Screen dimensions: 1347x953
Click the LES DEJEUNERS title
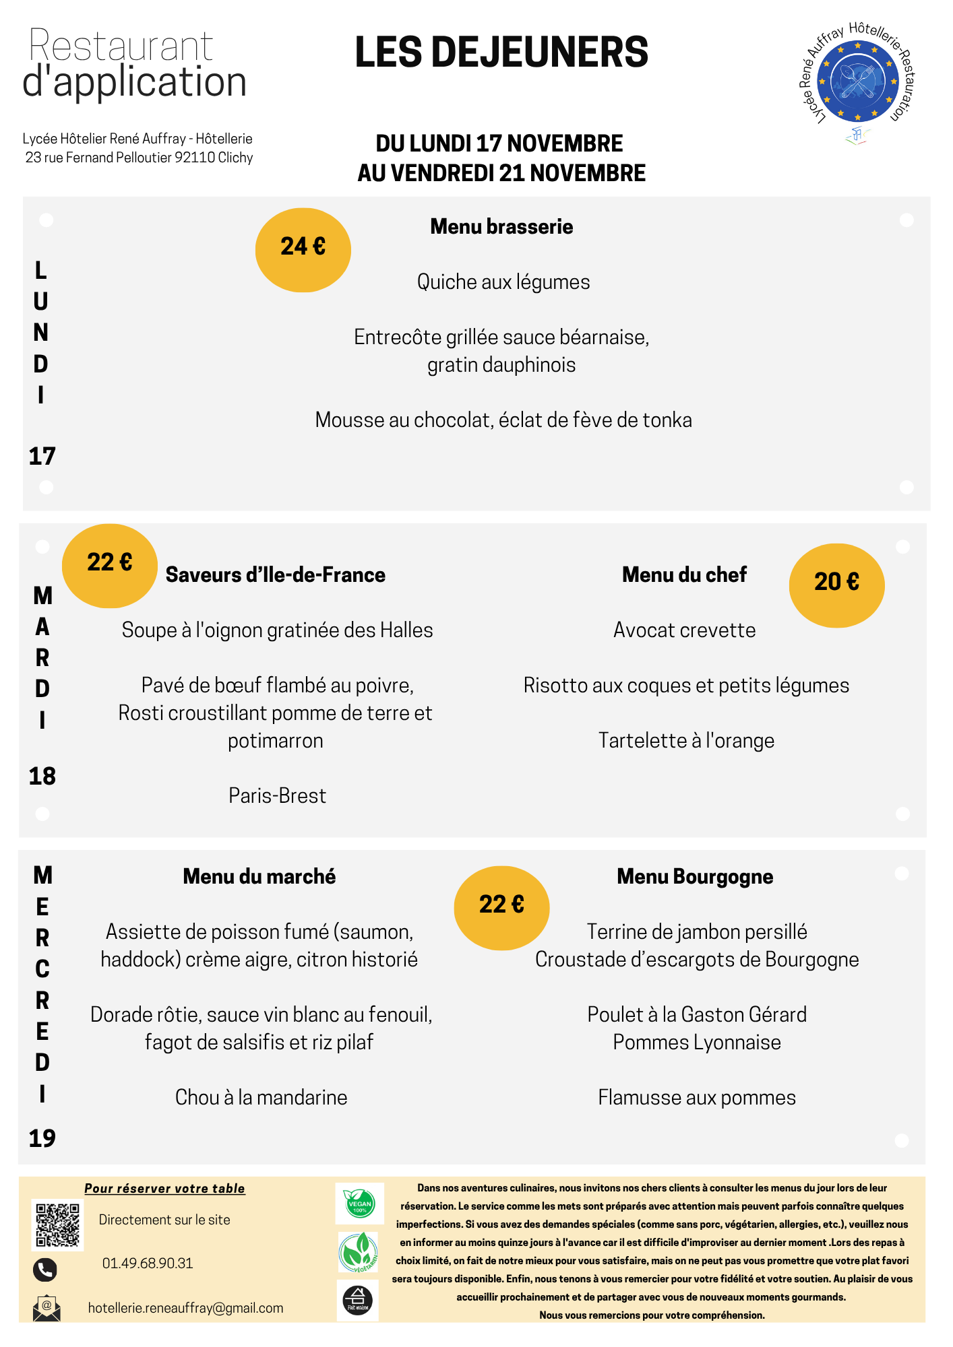501,53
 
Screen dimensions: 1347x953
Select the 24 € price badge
303,249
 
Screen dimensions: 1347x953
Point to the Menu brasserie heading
501,227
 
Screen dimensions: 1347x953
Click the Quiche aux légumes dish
503,282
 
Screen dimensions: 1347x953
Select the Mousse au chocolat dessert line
503,420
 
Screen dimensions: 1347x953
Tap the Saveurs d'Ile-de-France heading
275,575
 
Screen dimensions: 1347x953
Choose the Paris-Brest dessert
277,796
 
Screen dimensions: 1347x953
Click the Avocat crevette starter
684,630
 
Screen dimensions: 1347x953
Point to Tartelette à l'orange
686,741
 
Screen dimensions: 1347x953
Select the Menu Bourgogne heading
695,877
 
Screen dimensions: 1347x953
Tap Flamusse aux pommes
696,1098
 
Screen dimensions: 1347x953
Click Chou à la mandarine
261,1098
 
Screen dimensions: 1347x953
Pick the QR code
57,1225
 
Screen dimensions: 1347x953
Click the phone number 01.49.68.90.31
148,1263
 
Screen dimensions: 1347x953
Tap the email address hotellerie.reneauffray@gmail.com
185,1308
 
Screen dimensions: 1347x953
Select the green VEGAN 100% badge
359,1204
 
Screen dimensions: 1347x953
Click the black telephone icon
45,1270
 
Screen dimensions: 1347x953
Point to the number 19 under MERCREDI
42,1139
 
